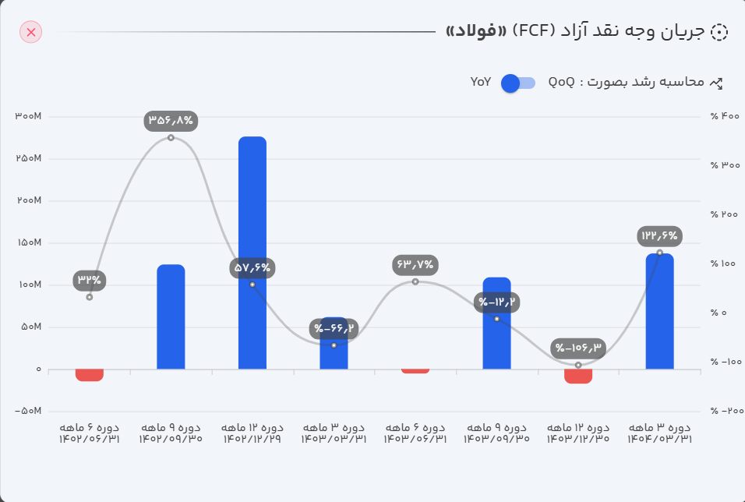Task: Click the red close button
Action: (31, 32)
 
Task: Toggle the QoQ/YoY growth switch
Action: (517, 83)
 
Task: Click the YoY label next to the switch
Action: (481, 82)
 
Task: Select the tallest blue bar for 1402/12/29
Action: (252, 253)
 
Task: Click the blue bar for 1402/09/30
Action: (171, 316)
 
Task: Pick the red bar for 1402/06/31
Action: (90, 375)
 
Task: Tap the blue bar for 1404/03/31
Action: (659, 311)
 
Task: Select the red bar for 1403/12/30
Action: (578, 376)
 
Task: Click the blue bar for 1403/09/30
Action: (496, 323)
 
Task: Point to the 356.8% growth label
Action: (171, 121)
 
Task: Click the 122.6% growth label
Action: (659, 235)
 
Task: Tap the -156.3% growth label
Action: (578, 348)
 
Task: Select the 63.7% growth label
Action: (415, 265)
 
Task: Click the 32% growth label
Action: (90, 280)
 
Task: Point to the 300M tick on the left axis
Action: (28, 117)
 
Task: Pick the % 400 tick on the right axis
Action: (725, 117)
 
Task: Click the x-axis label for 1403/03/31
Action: (334, 433)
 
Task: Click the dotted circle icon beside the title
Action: (719, 32)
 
